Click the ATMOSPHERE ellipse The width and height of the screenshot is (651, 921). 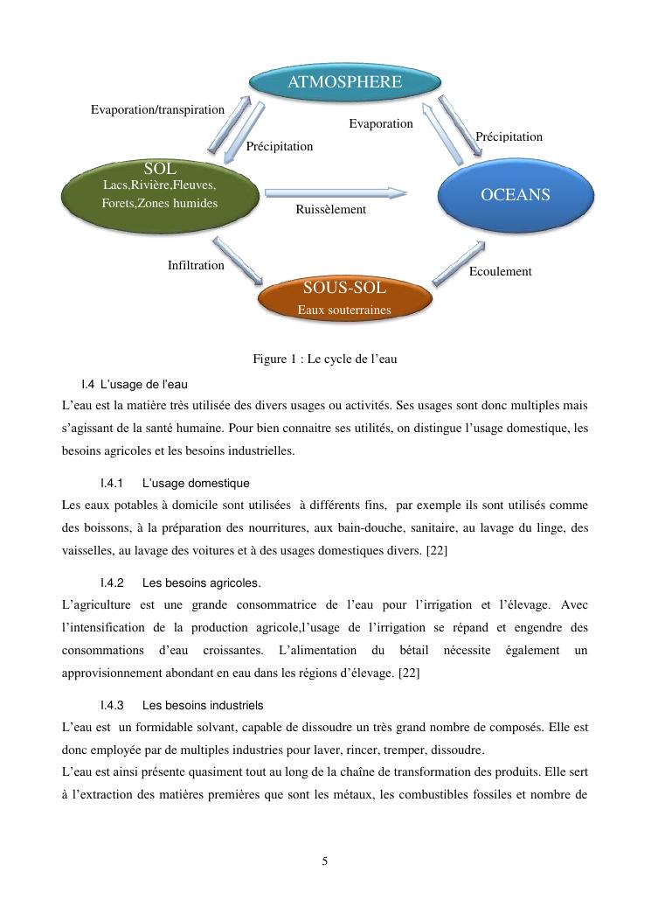(x=344, y=82)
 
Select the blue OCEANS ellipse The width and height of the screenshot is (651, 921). (x=516, y=195)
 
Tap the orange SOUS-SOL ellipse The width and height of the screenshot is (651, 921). (x=344, y=297)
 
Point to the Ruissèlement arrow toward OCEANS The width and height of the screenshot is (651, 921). (x=336, y=192)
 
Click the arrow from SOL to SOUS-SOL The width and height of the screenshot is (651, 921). (x=239, y=261)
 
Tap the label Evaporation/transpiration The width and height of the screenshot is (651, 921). (x=158, y=109)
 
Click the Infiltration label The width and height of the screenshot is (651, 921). (x=196, y=265)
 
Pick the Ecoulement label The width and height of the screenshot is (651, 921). (x=500, y=271)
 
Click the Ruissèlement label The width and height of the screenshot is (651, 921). (x=331, y=210)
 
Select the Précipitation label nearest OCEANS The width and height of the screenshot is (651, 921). (x=509, y=136)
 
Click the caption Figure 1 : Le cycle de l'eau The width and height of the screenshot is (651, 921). (x=325, y=359)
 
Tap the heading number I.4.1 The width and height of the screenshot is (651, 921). (x=112, y=483)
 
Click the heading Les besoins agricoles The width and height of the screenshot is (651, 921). (x=201, y=583)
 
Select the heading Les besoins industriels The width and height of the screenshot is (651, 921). (x=202, y=705)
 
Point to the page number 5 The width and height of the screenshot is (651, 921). (x=325, y=862)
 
